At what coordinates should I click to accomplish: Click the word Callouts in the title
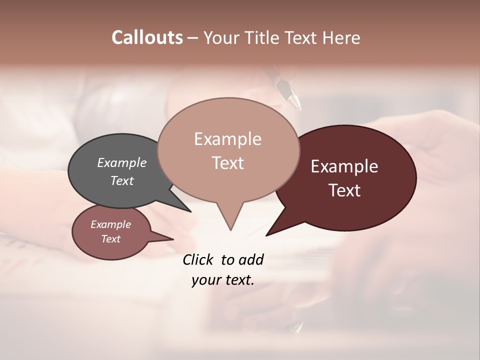point(147,37)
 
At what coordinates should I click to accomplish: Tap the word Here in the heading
point(340,38)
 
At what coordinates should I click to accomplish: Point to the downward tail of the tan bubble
point(229,220)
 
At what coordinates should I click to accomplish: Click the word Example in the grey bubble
point(121,163)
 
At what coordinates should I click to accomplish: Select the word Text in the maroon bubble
point(345,190)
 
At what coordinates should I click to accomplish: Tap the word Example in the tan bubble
point(227,139)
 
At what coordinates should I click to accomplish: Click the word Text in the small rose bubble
point(110,239)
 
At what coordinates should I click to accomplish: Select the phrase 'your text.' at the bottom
point(222,280)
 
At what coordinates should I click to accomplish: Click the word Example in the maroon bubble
point(344,166)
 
